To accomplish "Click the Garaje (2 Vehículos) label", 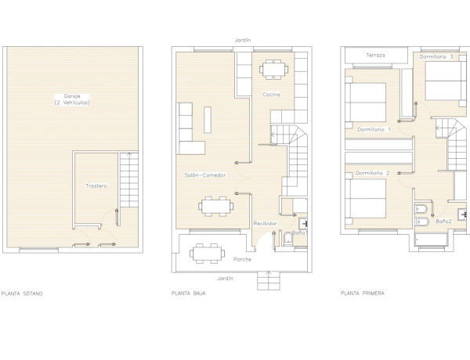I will pos(71,99).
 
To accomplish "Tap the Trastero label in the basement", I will pos(97,185).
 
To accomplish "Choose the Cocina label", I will pos(271,95).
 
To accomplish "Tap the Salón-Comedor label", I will pos(204,175).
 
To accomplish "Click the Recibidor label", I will pos(264,223).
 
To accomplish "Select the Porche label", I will pos(243,259).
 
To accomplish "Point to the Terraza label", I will pos(375,56).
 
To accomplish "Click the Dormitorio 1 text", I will pos(373,128).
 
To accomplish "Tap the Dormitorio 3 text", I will pos(438,56).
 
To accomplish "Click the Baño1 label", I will pos(298,233).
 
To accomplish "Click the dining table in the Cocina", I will pos(273,70).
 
